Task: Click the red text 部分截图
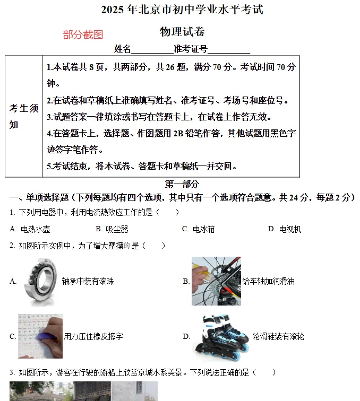(83, 35)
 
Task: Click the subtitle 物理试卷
(182, 32)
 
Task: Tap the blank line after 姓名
(152, 50)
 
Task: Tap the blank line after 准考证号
(229, 50)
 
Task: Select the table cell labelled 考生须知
(24, 116)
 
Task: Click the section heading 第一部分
(182, 184)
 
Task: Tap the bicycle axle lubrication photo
(216, 281)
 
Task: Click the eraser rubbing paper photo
(40, 336)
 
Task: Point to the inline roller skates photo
(220, 337)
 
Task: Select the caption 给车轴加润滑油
(268, 282)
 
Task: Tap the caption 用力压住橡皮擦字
(93, 337)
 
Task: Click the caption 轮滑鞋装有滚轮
(278, 337)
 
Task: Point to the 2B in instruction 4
(178, 134)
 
